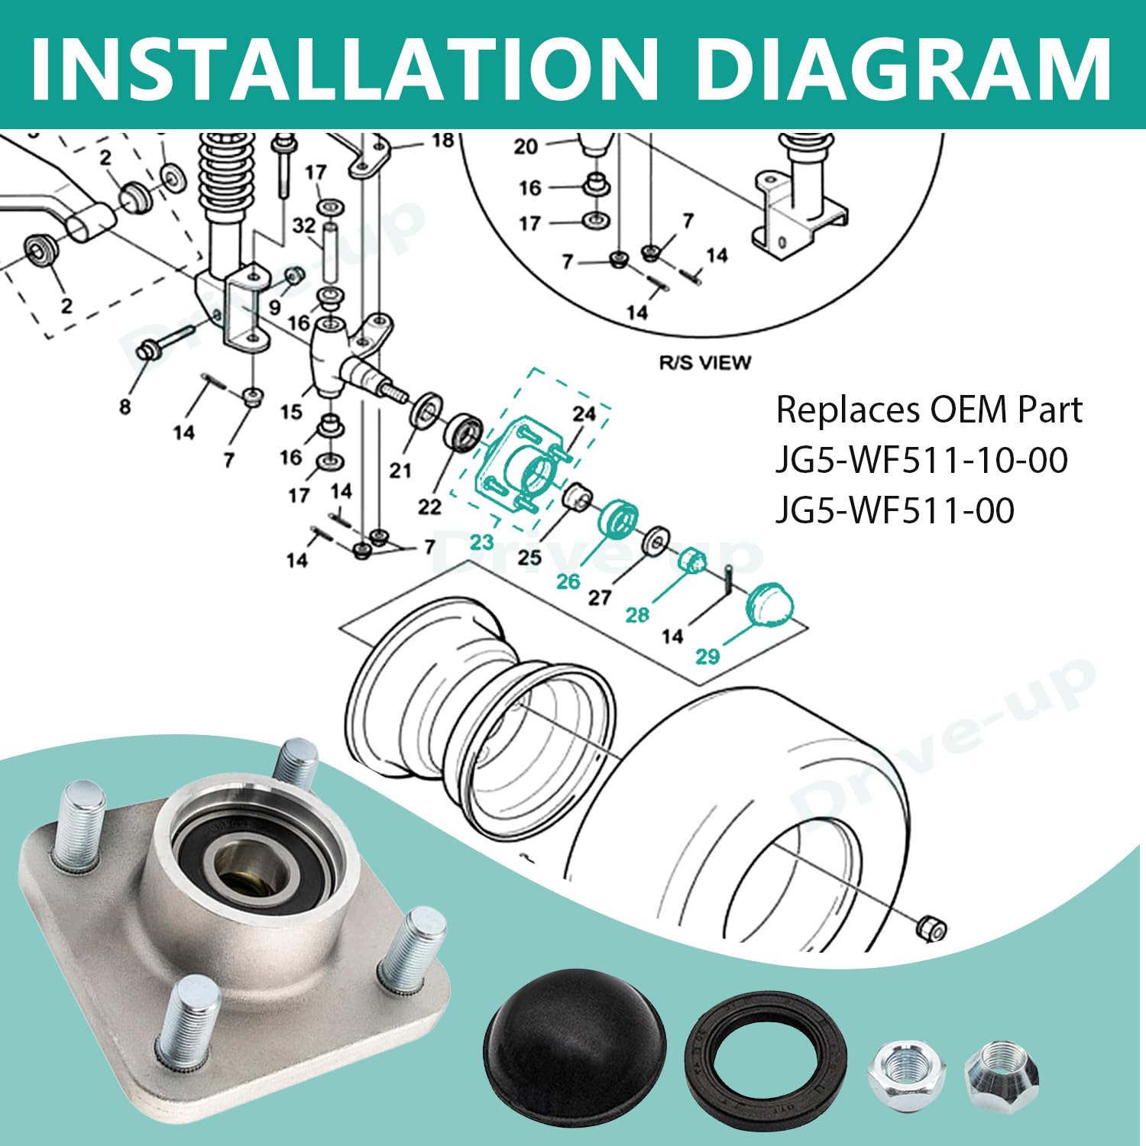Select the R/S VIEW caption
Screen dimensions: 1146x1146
pos(704,362)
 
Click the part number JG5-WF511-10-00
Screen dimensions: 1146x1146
pos(921,461)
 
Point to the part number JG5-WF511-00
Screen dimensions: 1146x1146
pos(895,510)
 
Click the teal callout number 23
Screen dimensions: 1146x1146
pos(481,542)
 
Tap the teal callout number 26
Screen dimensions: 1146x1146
pos(568,581)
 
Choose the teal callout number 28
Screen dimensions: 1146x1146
pos(637,613)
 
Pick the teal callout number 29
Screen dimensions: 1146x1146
pos(707,656)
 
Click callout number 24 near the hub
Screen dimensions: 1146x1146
pos(584,413)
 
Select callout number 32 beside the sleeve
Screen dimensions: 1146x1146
pos(303,225)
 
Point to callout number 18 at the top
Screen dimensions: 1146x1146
pos(442,141)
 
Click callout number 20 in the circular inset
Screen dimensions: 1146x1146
pos(526,146)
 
